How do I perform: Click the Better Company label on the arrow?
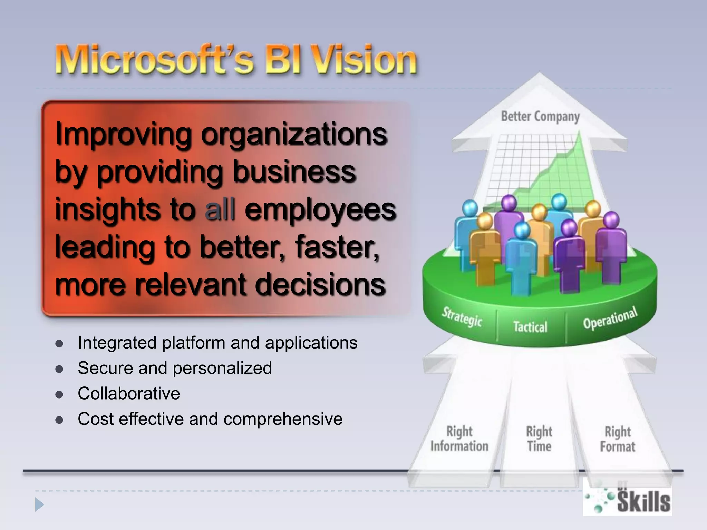(540, 117)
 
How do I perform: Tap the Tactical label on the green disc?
(530, 326)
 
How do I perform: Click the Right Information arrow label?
(459, 439)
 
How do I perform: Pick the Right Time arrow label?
(539, 439)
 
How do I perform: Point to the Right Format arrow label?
(618, 439)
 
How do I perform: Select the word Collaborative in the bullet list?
(129, 394)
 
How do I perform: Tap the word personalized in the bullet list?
(222, 368)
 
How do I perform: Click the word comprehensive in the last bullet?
(283, 419)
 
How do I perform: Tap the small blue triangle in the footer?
(39, 505)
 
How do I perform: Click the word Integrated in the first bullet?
(117, 343)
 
